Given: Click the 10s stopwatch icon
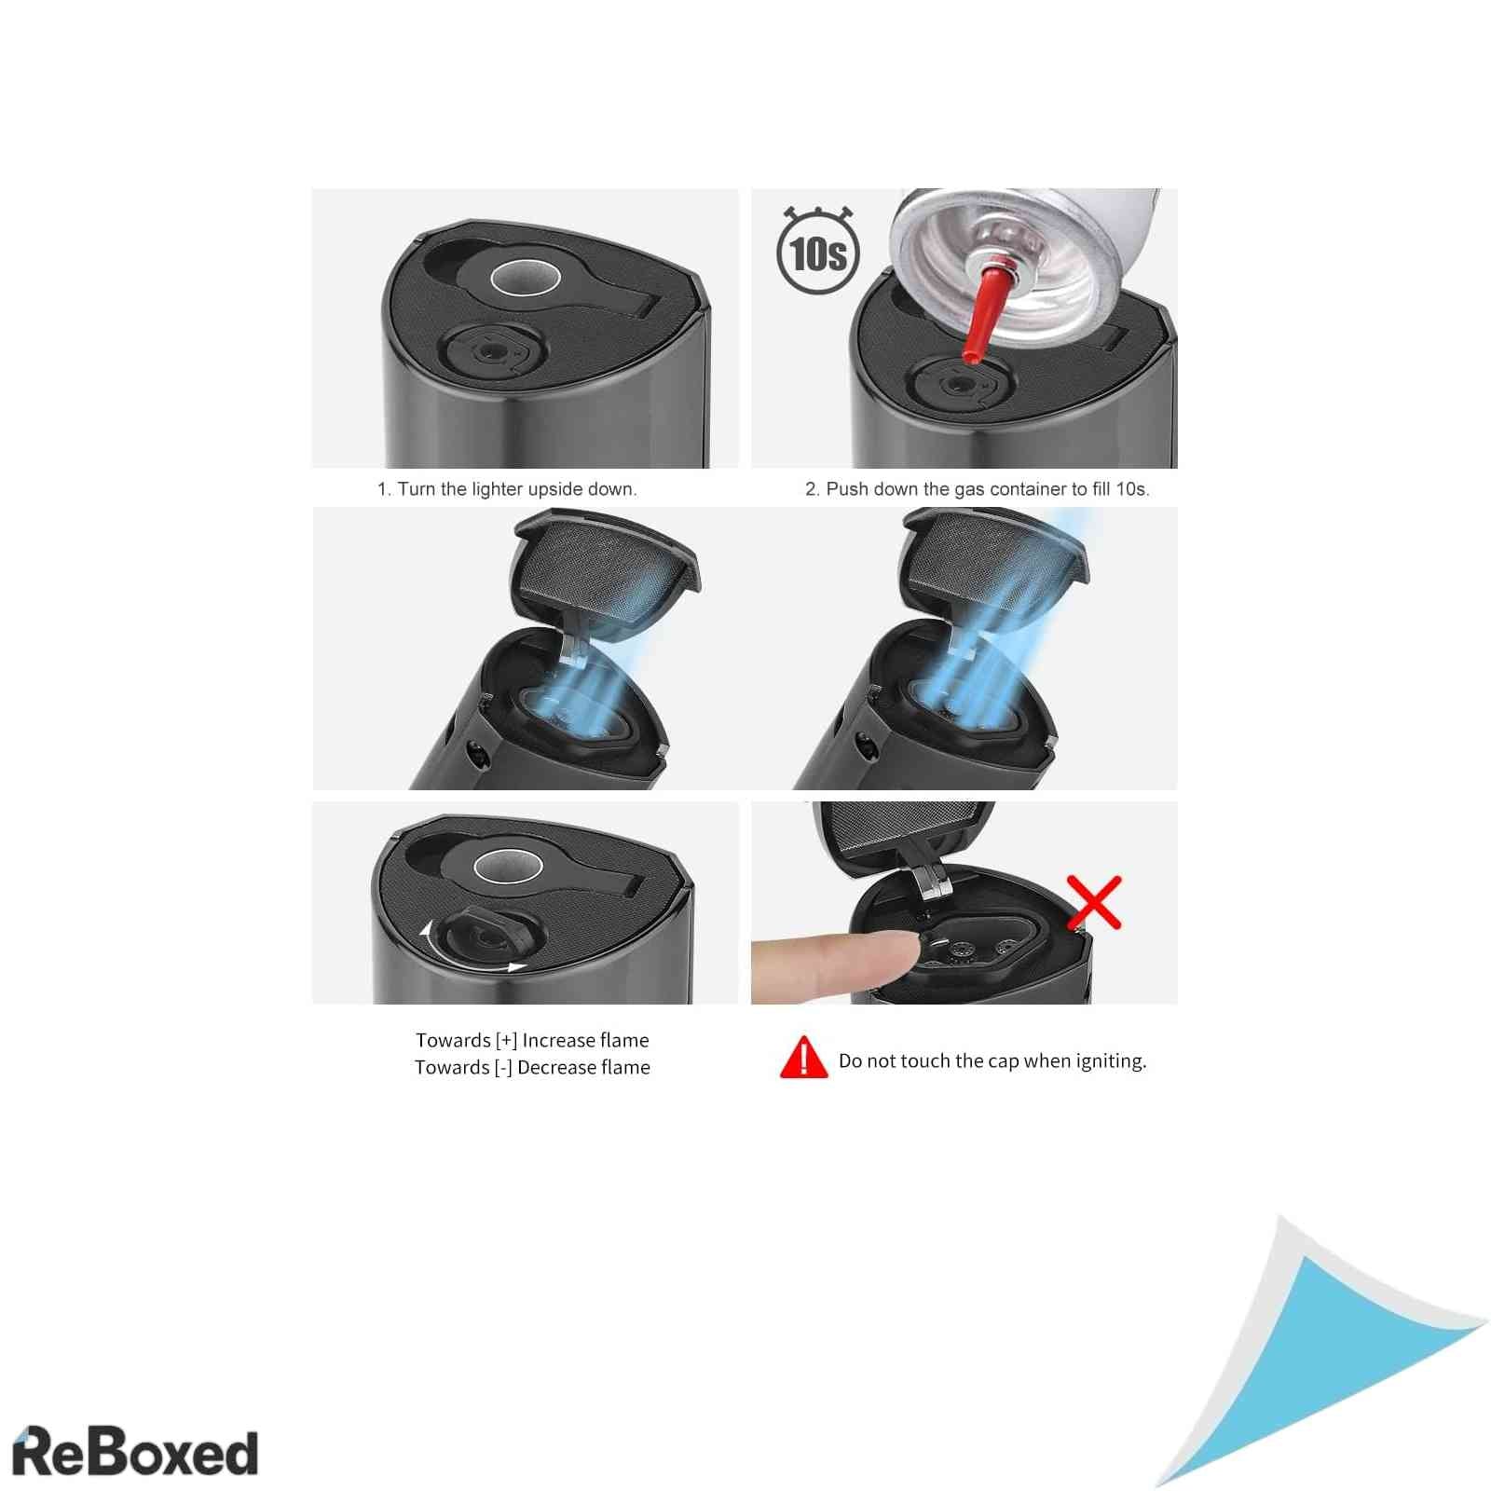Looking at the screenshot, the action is click(817, 251).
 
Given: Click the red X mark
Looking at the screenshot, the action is click(1094, 902).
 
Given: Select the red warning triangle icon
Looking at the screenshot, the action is click(803, 1058).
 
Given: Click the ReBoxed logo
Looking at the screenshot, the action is click(135, 1452).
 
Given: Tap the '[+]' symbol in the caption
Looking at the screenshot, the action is click(506, 1041).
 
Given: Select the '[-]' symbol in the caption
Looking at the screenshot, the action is click(503, 1068).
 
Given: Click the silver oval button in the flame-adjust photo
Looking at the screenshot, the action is click(508, 868).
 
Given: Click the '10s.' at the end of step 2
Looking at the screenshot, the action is click(1132, 489).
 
